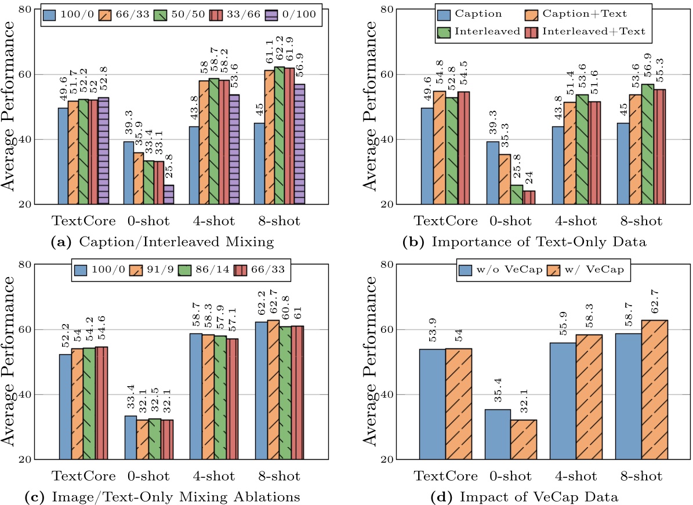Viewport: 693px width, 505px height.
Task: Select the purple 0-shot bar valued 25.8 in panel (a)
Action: (x=168, y=195)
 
